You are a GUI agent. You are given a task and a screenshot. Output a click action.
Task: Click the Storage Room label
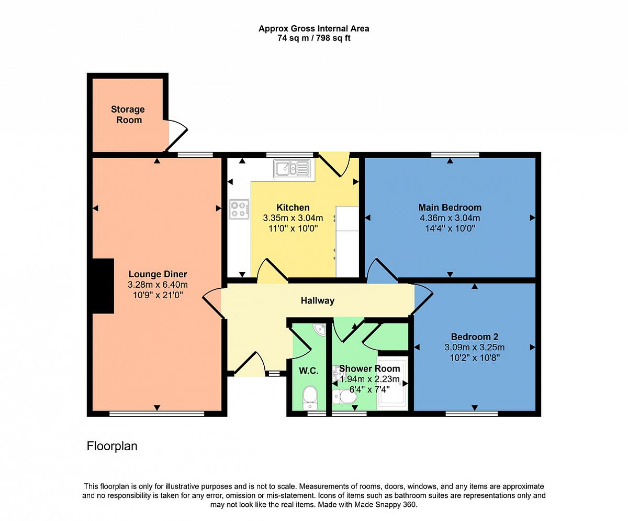click(128, 114)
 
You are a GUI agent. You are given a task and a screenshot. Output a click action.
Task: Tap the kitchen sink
click(291, 168)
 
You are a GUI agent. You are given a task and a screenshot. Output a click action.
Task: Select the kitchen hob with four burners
click(239, 209)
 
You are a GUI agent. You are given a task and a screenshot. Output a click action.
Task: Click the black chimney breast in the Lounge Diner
click(103, 286)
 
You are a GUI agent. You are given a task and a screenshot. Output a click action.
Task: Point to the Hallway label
click(318, 300)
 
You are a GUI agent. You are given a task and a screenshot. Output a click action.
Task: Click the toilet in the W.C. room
click(310, 398)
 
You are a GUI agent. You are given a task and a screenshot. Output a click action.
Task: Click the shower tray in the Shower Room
click(392, 383)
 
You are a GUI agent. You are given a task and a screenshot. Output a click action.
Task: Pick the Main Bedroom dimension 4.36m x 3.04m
click(450, 218)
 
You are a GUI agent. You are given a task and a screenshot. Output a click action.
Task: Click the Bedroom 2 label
click(475, 337)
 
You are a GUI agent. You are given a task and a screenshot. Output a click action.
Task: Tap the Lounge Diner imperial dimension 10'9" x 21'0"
click(158, 295)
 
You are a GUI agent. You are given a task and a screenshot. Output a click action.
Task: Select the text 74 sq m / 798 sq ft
click(314, 38)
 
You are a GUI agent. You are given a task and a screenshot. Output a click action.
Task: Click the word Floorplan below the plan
click(112, 446)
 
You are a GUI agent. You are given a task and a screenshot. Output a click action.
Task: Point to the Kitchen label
click(293, 208)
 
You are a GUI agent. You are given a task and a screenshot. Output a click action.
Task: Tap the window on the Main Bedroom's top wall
click(455, 155)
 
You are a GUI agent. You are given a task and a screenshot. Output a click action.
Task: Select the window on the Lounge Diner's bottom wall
click(156, 414)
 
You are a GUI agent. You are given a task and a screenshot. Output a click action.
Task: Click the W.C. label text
click(309, 371)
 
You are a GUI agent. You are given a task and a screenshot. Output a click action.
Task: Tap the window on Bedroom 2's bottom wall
click(472, 414)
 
